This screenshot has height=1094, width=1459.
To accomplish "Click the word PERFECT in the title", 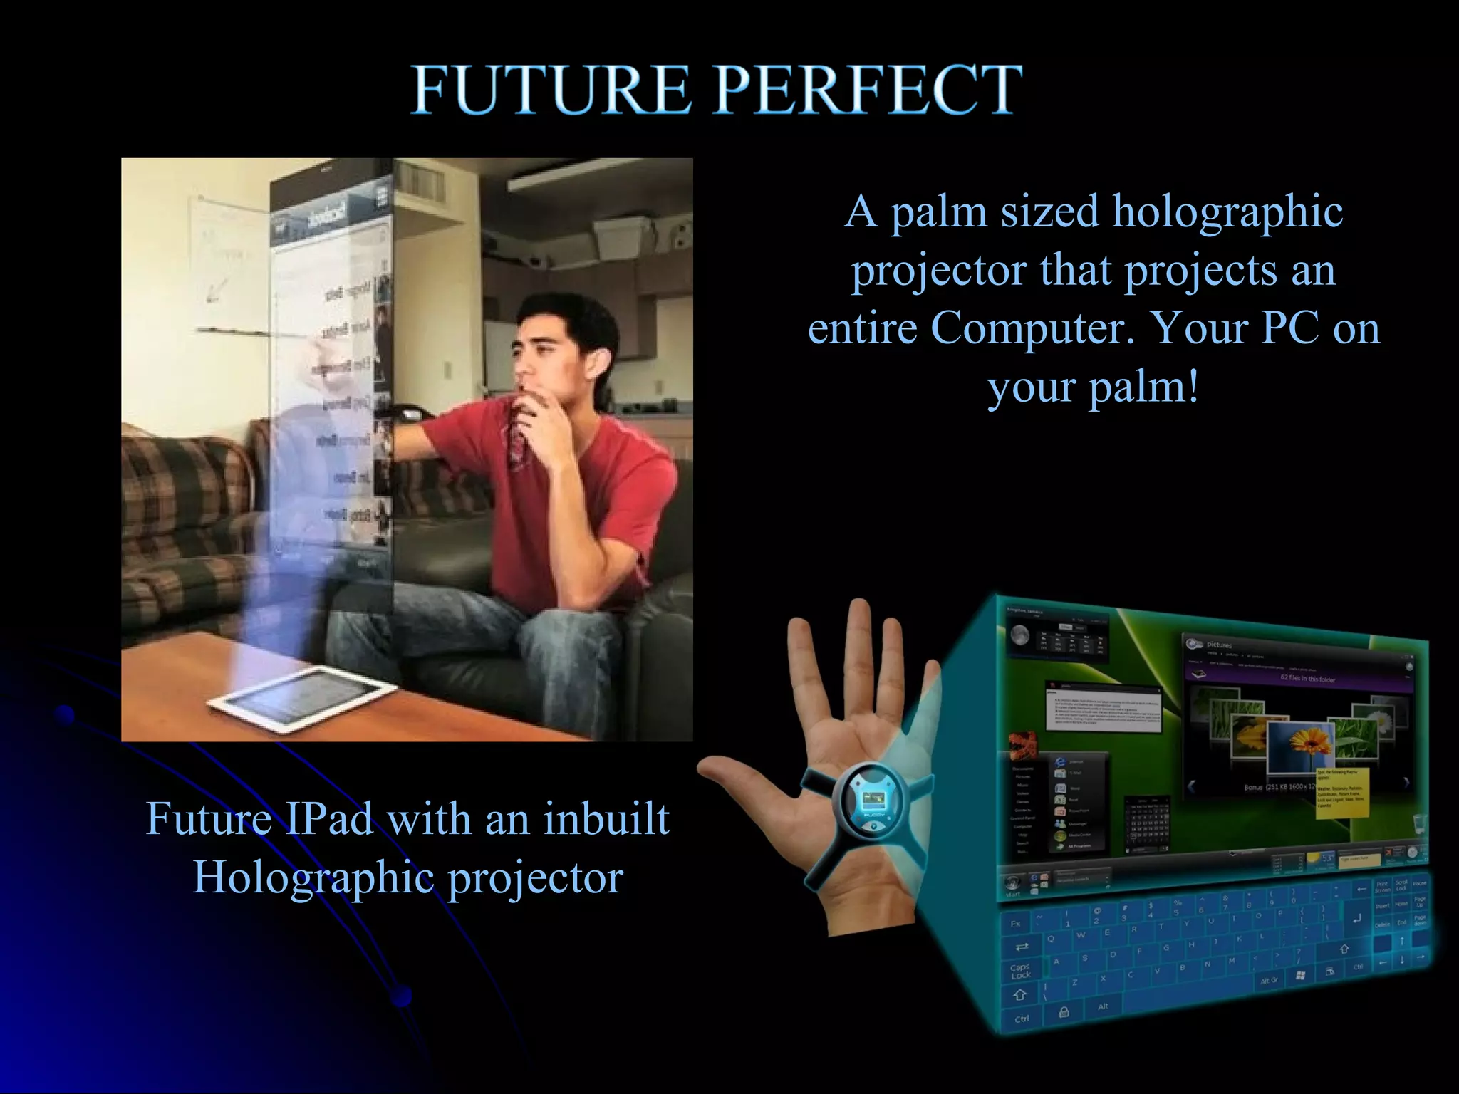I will pyautogui.click(x=868, y=90).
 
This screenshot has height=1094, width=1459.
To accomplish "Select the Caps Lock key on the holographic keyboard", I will pyautogui.click(x=1020, y=971).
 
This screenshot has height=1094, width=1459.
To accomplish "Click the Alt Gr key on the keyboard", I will pyautogui.click(x=1269, y=981).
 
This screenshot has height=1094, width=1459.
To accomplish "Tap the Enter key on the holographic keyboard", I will pyautogui.click(x=1356, y=919).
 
